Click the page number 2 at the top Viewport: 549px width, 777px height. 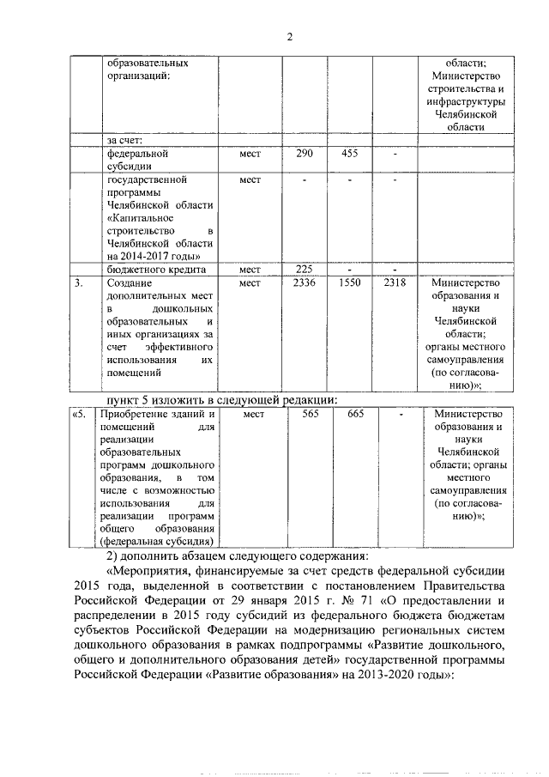click(x=289, y=35)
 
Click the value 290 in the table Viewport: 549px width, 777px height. click(x=305, y=154)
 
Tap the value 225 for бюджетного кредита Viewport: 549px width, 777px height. click(x=305, y=270)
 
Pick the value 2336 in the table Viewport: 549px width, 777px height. click(x=305, y=282)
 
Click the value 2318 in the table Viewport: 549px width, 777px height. click(x=395, y=282)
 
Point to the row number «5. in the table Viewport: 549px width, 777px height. click(x=80, y=414)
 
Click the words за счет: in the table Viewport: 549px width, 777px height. click(x=124, y=140)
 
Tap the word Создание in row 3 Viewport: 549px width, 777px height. click(x=130, y=282)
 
